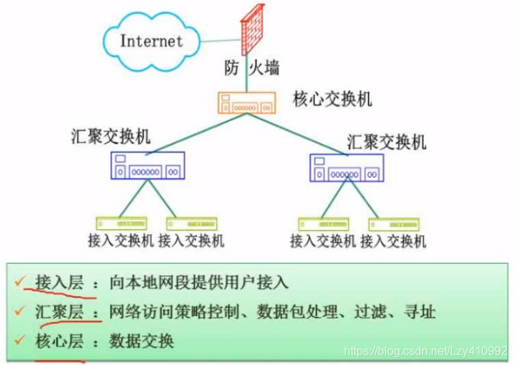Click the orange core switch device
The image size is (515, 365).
click(x=249, y=102)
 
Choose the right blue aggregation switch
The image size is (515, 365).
click(x=346, y=168)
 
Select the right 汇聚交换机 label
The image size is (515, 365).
click(x=386, y=140)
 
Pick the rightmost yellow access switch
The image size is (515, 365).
click(x=394, y=224)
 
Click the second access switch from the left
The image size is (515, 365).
click(x=191, y=223)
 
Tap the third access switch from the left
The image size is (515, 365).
click(x=324, y=224)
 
